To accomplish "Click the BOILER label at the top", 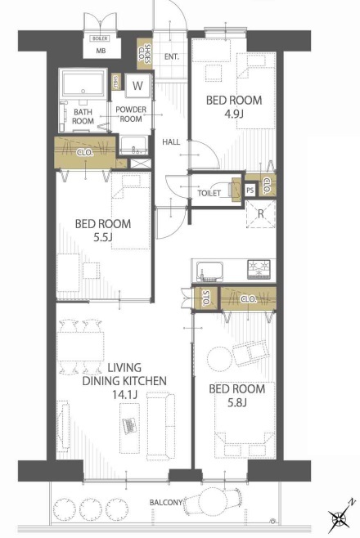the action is [x=100, y=38].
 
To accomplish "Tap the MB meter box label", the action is [x=101, y=51].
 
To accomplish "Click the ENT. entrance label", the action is [x=172, y=56].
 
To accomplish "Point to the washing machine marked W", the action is [x=137, y=86].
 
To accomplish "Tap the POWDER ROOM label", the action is [x=131, y=114].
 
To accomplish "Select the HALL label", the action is [x=171, y=141].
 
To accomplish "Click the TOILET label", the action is [x=209, y=193].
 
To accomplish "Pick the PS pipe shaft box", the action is [x=250, y=190].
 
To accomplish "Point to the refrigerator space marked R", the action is [x=261, y=214].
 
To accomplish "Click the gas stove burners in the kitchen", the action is [x=259, y=269].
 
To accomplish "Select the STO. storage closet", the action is [x=205, y=298].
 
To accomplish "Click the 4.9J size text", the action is [x=234, y=114].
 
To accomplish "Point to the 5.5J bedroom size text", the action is [x=103, y=237].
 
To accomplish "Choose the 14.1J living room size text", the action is [x=125, y=395].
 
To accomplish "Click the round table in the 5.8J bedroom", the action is [x=220, y=359].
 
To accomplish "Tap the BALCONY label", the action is [x=166, y=502].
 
